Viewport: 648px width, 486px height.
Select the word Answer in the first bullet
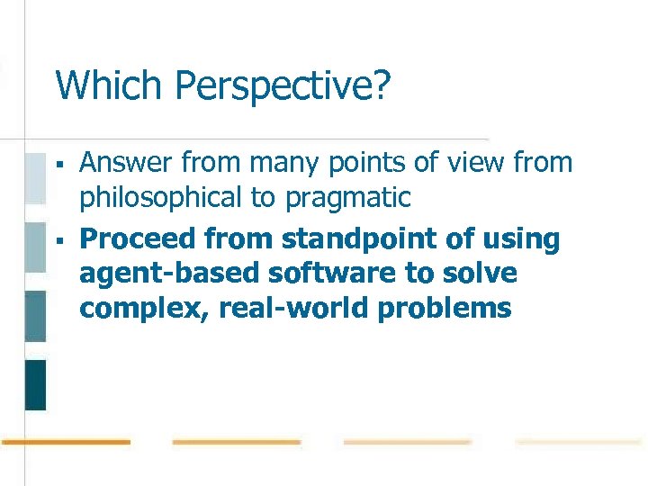[x=127, y=163]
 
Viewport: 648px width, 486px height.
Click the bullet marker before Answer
[x=57, y=164]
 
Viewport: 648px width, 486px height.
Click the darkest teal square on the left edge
[x=35, y=384]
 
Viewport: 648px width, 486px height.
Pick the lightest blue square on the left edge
[x=35, y=178]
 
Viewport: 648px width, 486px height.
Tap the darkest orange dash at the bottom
[x=65, y=442]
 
